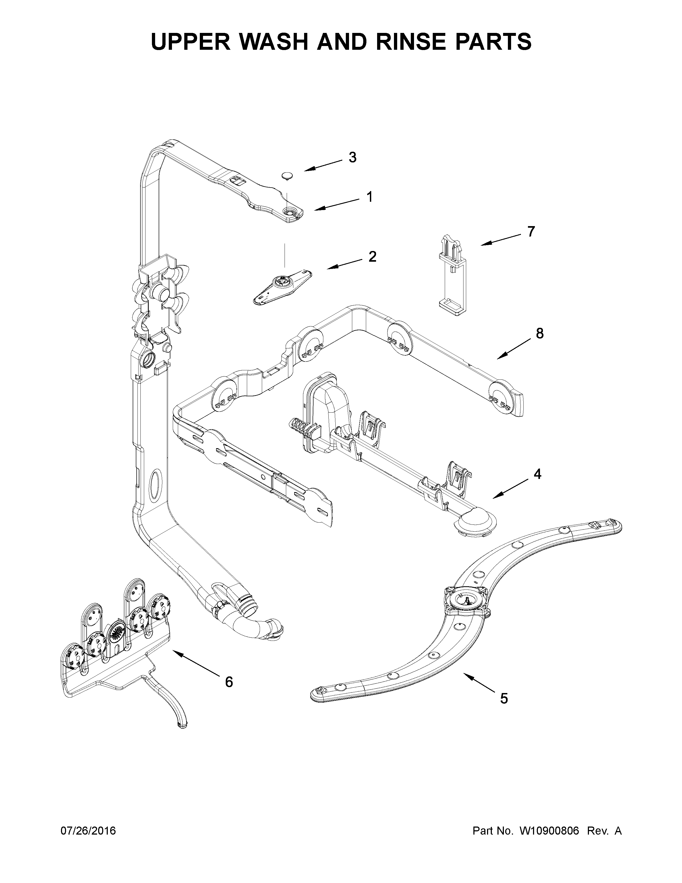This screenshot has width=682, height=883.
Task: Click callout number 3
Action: coord(352,158)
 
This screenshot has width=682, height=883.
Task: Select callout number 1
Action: coord(369,197)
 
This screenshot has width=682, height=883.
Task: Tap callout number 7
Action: coord(531,232)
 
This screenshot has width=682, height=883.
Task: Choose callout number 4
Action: coord(537,474)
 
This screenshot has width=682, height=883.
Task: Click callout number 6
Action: coord(229,682)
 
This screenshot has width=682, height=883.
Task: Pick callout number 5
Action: coord(503,698)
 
